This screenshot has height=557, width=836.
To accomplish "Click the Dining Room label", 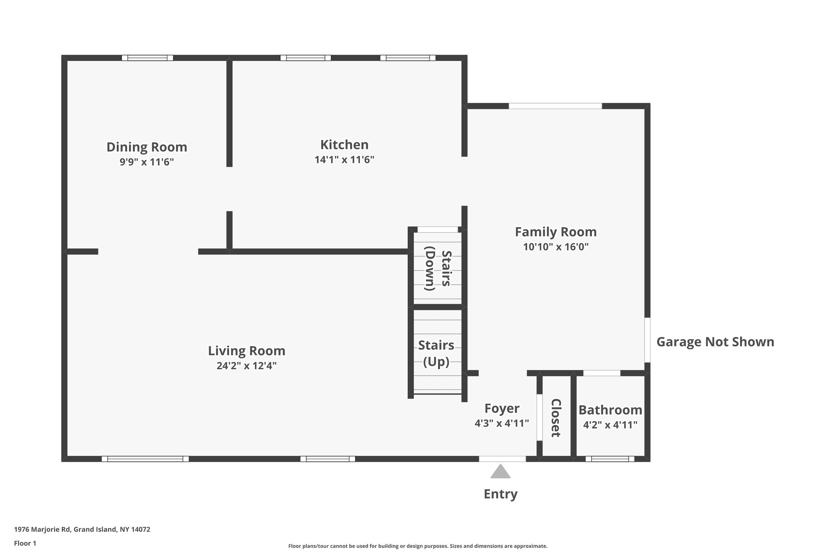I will point(147,147).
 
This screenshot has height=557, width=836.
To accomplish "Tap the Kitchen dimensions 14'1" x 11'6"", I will point(344,160).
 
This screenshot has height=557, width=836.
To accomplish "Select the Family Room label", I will point(556,232).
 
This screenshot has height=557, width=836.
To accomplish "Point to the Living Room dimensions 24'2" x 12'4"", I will point(247,366).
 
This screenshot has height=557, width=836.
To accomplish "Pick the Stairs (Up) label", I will point(436,353).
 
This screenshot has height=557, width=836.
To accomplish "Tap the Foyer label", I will point(502,408).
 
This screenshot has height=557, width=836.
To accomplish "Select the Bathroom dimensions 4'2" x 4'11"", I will point(610,425).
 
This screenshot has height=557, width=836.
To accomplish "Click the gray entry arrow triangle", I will point(500,472).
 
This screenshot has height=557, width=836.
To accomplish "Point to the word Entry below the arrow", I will point(500,494).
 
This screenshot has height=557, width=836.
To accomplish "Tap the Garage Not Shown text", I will point(715,342).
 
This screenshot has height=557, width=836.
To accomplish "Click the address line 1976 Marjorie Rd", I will point(82,529).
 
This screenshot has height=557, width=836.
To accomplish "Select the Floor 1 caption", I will point(25,543).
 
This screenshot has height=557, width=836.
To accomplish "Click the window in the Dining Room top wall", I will point(147,58).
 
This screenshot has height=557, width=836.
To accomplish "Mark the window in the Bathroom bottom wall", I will point(610,459).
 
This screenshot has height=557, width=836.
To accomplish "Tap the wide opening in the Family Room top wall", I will point(555,106).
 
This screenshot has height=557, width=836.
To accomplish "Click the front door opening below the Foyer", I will point(502,459).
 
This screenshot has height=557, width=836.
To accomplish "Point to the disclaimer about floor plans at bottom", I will point(418,546).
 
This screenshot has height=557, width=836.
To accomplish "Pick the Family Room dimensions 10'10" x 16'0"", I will point(556,247).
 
